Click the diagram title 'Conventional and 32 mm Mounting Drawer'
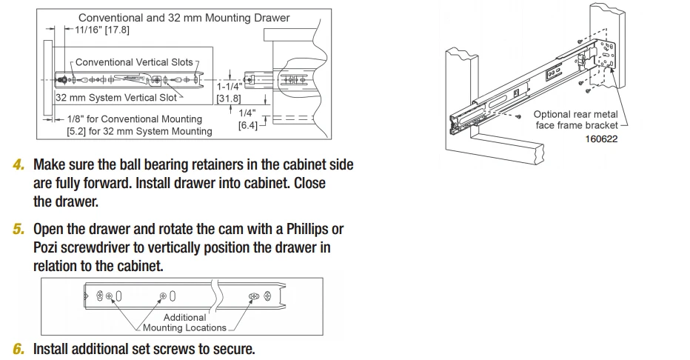[x=184, y=17]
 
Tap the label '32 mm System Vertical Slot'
[x=116, y=97]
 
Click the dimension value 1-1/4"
[x=228, y=87]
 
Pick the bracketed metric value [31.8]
[x=228, y=98]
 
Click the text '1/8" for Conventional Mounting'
[x=134, y=119]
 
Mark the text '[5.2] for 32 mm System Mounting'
[x=139, y=131]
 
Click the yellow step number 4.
[x=19, y=164]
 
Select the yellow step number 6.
[x=19, y=349]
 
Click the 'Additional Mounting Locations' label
[x=184, y=322]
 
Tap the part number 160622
[x=600, y=138]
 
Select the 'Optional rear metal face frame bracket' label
[x=575, y=120]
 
